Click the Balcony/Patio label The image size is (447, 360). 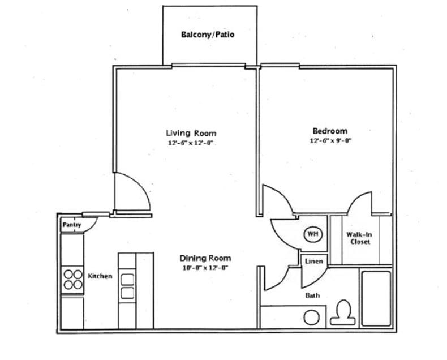pos(208,35)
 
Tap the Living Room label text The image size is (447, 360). pos(191,133)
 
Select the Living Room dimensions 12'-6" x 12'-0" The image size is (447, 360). pos(191,143)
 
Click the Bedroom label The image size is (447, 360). pos(329,131)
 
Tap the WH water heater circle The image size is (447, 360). pos(312,234)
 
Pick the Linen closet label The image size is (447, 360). pos(313,262)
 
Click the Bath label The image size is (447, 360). pos(312,295)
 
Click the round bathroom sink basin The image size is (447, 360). pos(311,317)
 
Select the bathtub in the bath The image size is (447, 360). pos(376,298)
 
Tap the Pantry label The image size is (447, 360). pos(71,225)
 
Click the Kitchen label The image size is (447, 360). pos(100,276)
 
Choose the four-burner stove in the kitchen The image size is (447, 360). pos(72,279)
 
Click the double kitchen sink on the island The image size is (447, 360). pos(127,286)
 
